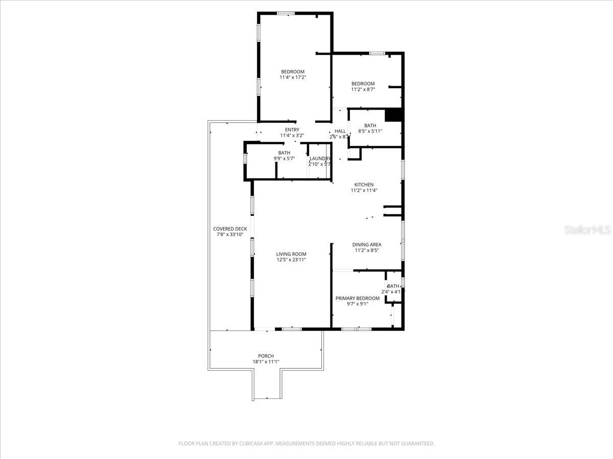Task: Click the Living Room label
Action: pos(291,254)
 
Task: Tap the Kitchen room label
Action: pos(364,185)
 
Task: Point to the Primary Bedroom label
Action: pos(358,298)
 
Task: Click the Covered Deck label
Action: pos(230,229)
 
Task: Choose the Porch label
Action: pos(266,356)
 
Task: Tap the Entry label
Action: pos(292,130)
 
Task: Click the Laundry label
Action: pos(320,159)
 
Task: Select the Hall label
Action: pos(340,131)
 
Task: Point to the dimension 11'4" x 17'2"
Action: pos(293,78)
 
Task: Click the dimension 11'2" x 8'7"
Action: pos(363,89)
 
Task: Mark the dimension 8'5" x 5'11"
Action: pos(370,131)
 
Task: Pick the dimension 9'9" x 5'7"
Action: pos(285,159)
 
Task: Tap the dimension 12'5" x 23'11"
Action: pos(291,260)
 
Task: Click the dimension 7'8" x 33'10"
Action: pos(230,235)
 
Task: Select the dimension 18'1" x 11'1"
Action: pos(266,362)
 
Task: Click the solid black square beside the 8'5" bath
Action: pos(394,115)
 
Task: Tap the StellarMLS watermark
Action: pos(587,230)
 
